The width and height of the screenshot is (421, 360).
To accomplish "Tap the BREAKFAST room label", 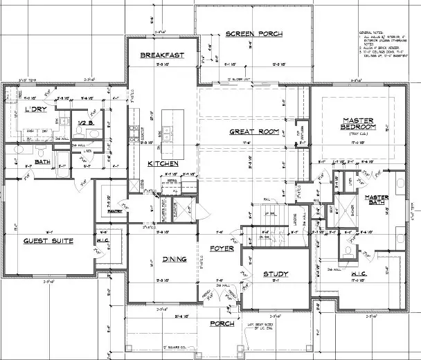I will coord(161,55).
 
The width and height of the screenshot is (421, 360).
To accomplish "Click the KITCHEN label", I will coord(163,163).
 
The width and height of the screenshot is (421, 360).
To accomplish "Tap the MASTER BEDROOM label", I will coord(358,123).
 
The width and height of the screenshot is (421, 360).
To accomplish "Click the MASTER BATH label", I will coord(379,200).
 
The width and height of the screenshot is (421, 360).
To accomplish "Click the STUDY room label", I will coord(275,274).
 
